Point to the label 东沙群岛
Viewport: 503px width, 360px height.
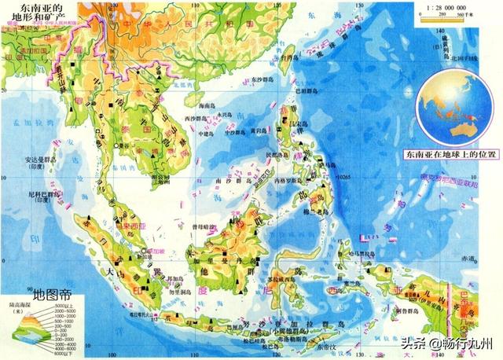[x=263, y=79]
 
